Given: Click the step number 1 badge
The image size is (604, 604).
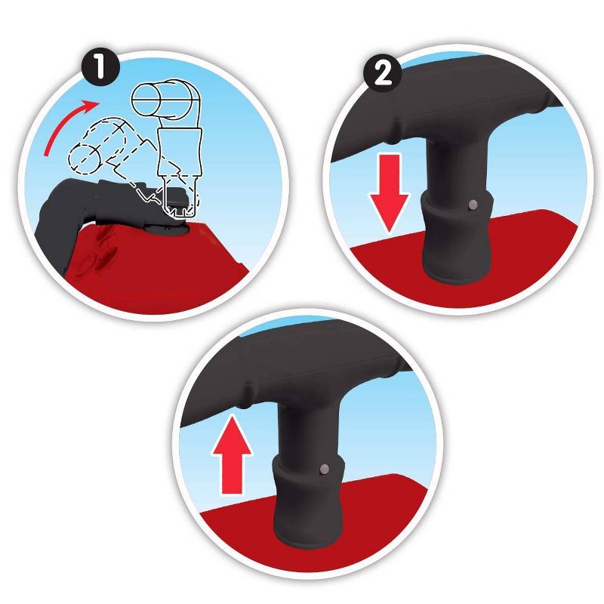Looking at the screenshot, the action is pyautogui.click(x=100, y=68).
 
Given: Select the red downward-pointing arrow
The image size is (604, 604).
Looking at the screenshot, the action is pyautogui.click(x=390, y=193).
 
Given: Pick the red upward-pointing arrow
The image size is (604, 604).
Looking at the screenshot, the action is pyautogui.click(x=232, y=455).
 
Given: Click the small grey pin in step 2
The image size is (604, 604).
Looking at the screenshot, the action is pyautogui.click(x=473, y=205).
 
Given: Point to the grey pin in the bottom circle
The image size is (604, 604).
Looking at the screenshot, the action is pyautogui.click(x=325, y=469).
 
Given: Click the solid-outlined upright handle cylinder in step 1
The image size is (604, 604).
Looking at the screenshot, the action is pyautogui.click(x=165, y=99).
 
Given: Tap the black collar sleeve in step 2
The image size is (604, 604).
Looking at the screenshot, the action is pyautogui.click(x=458, y=239).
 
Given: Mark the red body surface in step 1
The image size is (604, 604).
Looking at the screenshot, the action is pyautogui.click(x=154, y=270).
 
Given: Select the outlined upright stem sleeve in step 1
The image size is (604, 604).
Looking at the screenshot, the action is pyautogui.click(x=180, y=153).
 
